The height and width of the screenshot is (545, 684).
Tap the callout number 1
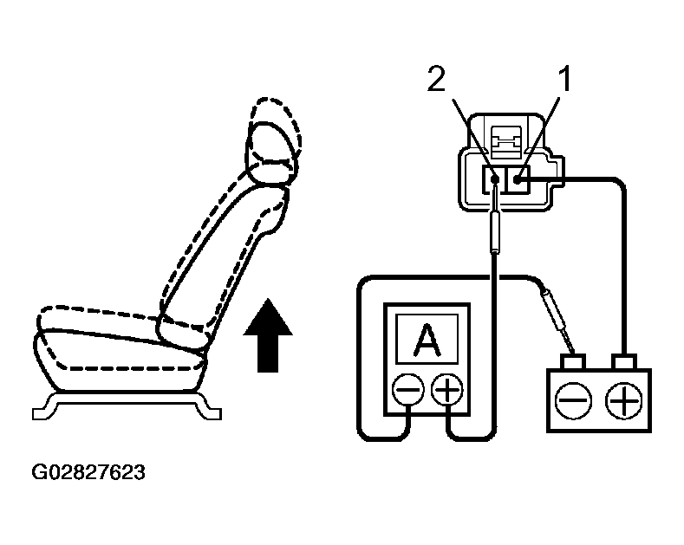point(563,81)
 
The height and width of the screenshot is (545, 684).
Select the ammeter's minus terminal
point(407,391)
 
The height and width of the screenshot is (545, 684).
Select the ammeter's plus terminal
point(447,391)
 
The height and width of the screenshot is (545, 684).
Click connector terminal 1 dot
point(517,179)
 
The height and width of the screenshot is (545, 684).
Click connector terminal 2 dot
point(495,180)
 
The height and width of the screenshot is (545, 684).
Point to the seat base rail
point(125,402)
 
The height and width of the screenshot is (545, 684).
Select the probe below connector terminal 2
point(494,230)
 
